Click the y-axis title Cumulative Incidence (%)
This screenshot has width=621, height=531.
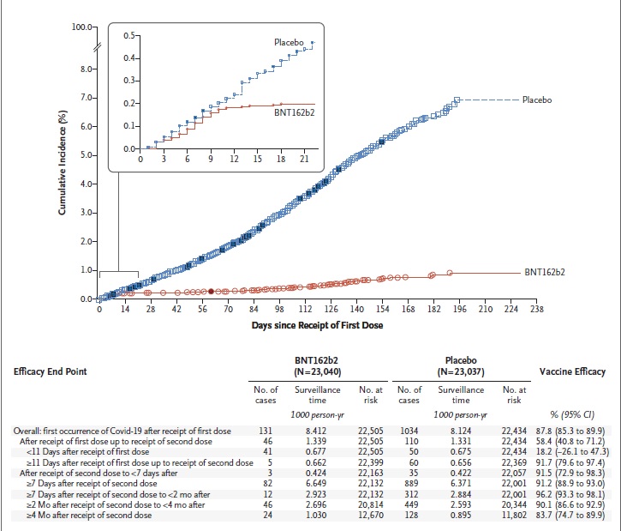63,163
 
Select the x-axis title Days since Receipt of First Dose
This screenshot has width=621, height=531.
317,326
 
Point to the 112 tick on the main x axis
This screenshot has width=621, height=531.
305,310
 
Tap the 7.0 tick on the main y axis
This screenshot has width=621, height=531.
87,98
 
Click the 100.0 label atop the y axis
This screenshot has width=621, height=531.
82,27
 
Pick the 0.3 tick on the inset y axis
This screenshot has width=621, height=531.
129,81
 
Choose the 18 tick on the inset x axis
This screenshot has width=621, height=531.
281,159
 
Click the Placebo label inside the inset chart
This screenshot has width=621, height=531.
290,42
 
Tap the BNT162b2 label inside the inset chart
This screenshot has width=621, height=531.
295,112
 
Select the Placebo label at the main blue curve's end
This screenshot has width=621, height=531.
537,100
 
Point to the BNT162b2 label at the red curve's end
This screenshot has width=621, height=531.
545,272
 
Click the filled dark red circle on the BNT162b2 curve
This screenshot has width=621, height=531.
211,292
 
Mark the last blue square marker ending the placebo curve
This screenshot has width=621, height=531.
457,100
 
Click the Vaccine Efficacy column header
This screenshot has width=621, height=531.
572,371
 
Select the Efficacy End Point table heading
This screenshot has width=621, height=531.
50,371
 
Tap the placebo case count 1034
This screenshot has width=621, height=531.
409,431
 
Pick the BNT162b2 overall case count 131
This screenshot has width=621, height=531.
266,431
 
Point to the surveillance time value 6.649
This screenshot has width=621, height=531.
316,484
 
